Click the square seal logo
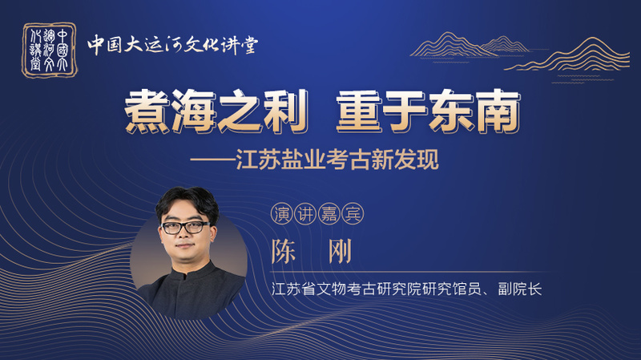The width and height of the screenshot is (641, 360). click(x=49, y=50)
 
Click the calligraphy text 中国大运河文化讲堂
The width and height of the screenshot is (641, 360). click(x=172, y=45)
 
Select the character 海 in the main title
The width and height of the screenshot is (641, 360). click(x=194, y=111)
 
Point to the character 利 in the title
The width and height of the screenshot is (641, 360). click(x=286, y=111)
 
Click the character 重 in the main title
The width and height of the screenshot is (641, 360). click(x=358, y=111)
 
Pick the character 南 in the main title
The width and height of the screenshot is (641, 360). click(x=498, y=111)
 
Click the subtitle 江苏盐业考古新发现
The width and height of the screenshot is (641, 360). click(x=337, y=159)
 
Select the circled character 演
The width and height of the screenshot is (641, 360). click(x=282, y=213)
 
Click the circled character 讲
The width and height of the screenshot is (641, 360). click(x=305, y=213)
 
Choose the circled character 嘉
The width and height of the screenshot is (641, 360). click(x=329, y=213)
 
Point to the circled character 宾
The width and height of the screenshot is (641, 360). click(x=353, y=213)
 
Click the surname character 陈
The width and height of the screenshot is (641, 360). click(x=284, y=251)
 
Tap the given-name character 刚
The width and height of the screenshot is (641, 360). click(x=340, y=251)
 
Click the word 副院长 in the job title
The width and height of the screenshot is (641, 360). click(x=519, y=289)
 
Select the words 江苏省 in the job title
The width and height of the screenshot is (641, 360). click(x=294, y=289)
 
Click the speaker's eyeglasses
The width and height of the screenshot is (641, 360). click(x=186, y=228)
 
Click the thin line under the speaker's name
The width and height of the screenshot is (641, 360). click(x=409, y=272)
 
